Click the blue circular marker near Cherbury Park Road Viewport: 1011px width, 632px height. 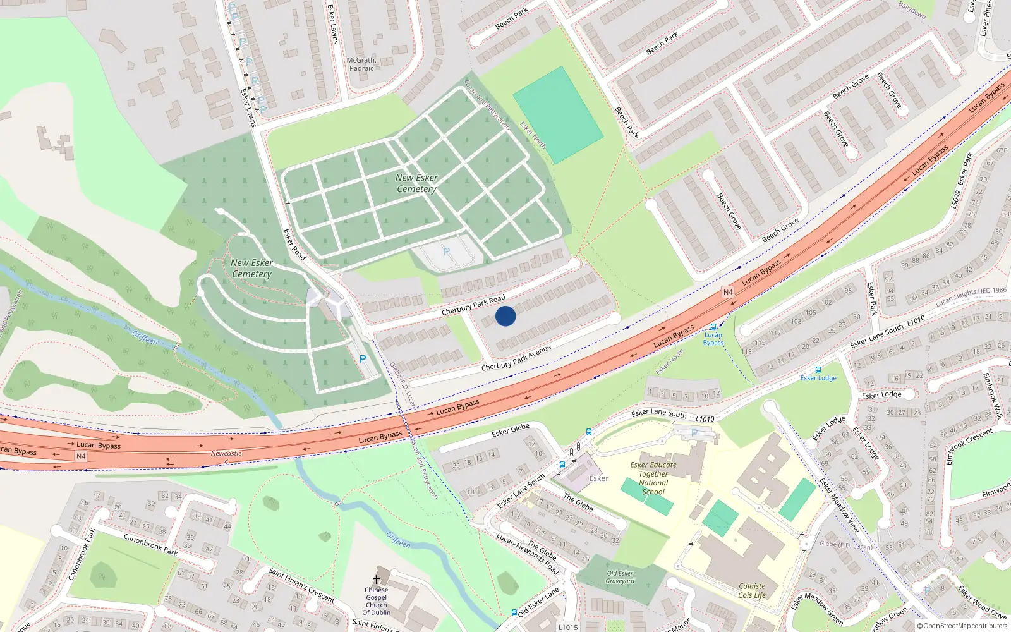pos(505,316)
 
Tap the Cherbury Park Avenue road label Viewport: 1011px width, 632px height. pos(516,358)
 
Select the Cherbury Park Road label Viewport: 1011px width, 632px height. pos(473,305)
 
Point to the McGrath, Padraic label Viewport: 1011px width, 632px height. pos(361,64)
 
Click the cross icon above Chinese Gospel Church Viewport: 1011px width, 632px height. pos(377,579)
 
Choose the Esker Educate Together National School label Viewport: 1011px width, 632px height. pos(653,478)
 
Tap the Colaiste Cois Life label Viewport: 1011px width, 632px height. pos(752,590)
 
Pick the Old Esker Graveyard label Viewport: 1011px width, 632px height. pos(620,577)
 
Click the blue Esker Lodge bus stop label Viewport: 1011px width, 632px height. pos(818,378)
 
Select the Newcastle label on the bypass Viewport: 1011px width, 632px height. pos(226,453)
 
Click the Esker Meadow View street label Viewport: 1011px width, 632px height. pos(840,504)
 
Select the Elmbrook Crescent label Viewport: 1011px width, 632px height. pos(969,445)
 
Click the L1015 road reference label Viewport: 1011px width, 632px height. pos(567,627)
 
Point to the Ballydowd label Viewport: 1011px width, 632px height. pos(912,10)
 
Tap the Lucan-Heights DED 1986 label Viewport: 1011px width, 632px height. pos(971,296)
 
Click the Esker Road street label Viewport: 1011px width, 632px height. pos(294,245)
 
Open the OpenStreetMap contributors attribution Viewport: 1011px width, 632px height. pos(962,626)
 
